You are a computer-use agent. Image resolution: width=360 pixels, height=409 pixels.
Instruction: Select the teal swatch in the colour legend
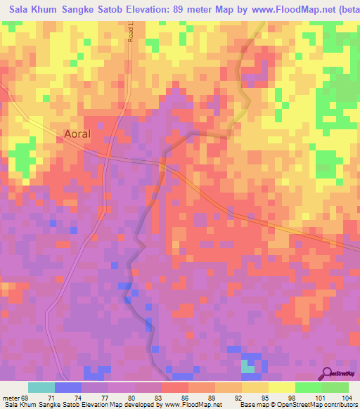coord(41,387)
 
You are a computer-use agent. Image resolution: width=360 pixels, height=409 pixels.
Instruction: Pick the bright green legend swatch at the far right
coord(335,387)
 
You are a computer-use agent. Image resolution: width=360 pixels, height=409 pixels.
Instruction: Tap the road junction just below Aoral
coord(108,155)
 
